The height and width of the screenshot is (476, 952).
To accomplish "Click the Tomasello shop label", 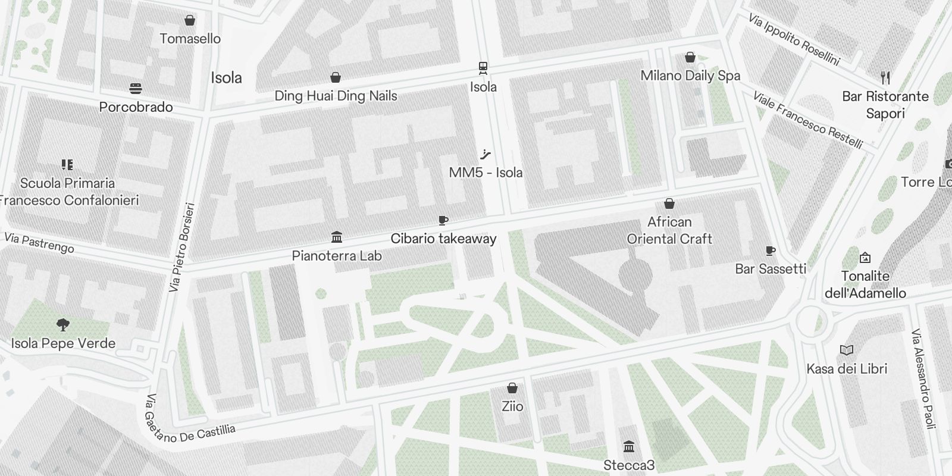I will click(190, 39).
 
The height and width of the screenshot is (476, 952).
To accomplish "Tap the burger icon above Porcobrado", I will click(136, 89).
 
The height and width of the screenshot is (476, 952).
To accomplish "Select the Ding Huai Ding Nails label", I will click(336, 96).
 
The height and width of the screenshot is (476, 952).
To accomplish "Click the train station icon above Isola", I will click(483, 67).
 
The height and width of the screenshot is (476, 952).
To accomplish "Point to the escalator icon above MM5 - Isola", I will click(486, 155).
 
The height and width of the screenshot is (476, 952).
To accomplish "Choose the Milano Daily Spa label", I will click(690, 76).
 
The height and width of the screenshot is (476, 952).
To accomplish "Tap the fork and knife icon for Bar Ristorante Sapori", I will click(885, 77).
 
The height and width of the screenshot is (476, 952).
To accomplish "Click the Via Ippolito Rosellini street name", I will click(794, 40).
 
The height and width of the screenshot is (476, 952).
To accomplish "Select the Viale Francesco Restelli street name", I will click(807, 120).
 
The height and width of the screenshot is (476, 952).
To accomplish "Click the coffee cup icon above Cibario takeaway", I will click(443, 221).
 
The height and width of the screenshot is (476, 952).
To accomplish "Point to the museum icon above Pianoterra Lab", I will click(337, 237).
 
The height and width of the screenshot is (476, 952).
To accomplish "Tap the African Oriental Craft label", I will click(669, 230).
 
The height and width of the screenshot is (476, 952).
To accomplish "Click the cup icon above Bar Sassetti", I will click(770, 251).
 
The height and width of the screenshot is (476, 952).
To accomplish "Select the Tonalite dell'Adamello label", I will click(865, 284).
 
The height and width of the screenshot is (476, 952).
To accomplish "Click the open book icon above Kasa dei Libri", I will click(847, 350).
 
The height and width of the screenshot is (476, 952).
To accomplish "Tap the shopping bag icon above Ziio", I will click(512, 389).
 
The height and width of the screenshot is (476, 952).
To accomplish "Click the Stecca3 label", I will click(629, 465).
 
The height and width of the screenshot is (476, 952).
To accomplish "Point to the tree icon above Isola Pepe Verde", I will click(62, 325).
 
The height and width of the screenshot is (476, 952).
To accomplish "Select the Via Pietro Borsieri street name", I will click(181, 248).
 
